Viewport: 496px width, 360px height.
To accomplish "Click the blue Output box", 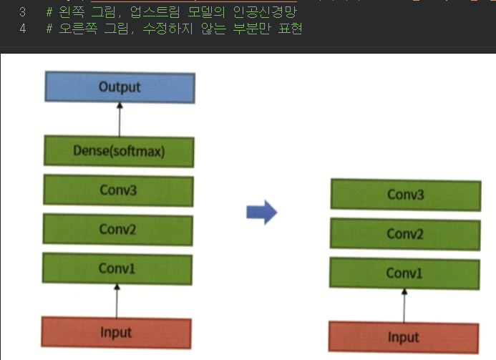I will pyautogui.click(x=120, y=88).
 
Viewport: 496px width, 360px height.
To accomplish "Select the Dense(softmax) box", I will pyautogui.click(x=119, y=151).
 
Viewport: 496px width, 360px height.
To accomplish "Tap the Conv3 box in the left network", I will pyautogui.click(x=117, y=190).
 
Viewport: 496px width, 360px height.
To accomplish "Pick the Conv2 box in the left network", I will pyautogui.click(x=117, y=229).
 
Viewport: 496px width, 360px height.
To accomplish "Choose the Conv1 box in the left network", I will pyautogui.click(x=117, y=269).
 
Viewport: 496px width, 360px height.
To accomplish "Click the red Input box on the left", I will pyautogui.click(x=116, y=333).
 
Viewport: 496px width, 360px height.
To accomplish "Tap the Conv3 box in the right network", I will pyautogui.click(x=405, y=195).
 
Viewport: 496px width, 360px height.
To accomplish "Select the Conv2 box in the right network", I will pyautogui.click(x=405, y=234).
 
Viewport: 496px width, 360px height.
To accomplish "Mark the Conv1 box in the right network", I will pyautogui.click(x=404, y=273).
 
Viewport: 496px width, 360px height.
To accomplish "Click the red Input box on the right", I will pyautogui.click(x=404, y=337).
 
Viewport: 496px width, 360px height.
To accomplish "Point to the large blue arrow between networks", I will pyautogui.click(x=261, y=212).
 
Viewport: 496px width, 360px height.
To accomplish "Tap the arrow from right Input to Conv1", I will pyautogui.click(x=404, y=306).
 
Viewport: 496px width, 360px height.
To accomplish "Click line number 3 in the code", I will pyautogui.click(x=22, y=12).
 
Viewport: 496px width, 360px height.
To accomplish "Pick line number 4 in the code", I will pyautogui.click(x=22, y=29).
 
